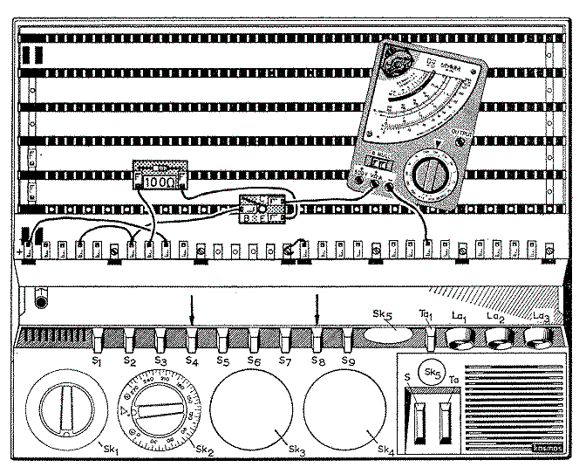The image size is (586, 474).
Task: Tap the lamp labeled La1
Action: point(459,336)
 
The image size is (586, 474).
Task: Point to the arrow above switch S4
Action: point(192,309)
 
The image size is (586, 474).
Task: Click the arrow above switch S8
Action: point(317,309)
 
